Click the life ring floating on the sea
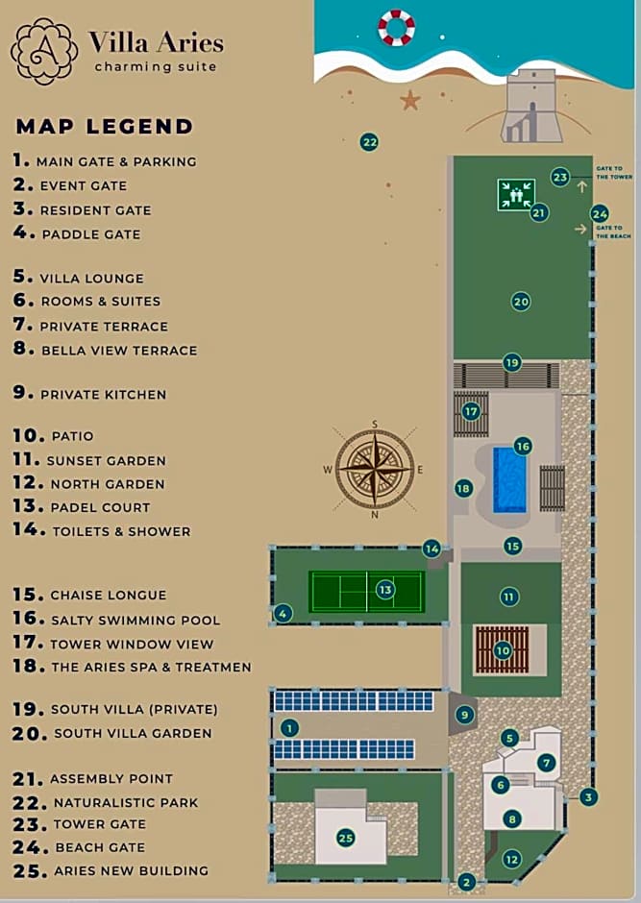click(396, 27)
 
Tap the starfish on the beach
click(410, 99)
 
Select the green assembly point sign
click(516, 194)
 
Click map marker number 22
click(369, 142)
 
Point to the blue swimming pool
click(509, 479)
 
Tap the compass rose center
click(374, 469)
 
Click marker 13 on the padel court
click(385, 590)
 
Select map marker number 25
click(346, 838)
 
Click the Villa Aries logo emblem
click(44, 51)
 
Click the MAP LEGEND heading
click(105, 127)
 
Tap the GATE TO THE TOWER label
click(614, 173)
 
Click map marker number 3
click(589, 796)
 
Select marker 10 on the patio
click(503, 650)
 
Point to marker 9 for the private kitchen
click(465, 715)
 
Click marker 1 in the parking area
click(289, 728)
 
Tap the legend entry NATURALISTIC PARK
click(125, 802)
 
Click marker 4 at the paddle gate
click(283, 613)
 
